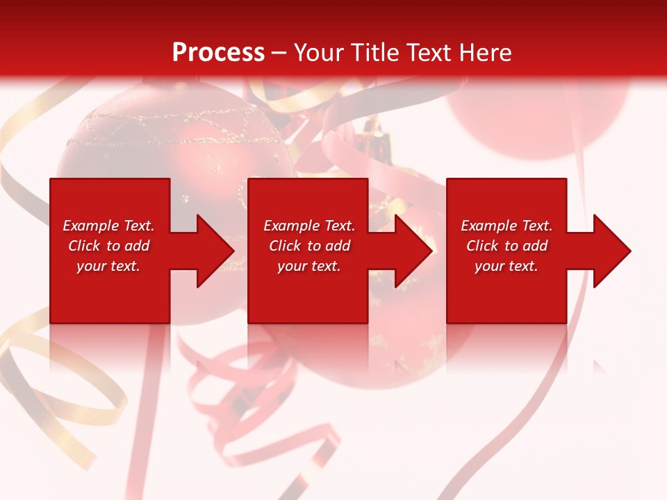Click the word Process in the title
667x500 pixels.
click(x=218, y=53)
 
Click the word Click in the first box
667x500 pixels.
click(x=84, y=246)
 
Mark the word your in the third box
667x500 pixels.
click(x=489, y=266)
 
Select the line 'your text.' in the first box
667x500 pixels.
click(x=108, y=266)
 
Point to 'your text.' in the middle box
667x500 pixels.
click(x=308, y=266)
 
